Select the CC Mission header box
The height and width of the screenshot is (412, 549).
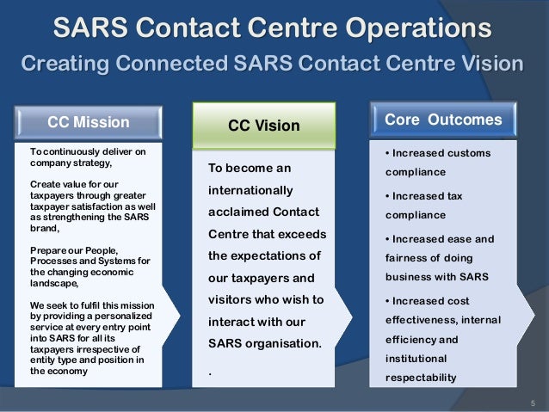(89, 122)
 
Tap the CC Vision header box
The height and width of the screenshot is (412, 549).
(263, 126)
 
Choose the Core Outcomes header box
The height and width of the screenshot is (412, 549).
(443, 120)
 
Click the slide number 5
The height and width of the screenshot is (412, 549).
(533, 403)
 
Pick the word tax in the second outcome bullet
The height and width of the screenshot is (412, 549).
(453, 196)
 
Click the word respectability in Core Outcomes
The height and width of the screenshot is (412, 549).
(420, 377)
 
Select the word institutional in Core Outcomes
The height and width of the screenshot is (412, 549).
(416, 357)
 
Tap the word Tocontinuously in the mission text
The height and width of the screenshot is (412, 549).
(67, 152)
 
